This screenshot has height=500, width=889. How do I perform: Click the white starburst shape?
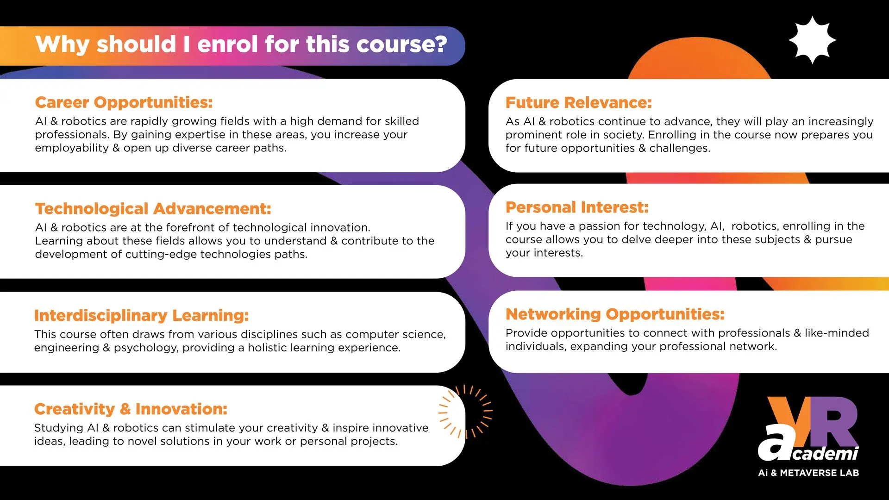click(x=812, y=40)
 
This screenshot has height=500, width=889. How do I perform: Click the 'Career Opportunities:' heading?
click(x=124, y=102)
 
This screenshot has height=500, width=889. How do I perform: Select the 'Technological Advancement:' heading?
click(x=153, y=209)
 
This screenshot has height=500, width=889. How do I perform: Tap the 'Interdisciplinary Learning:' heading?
click(x=141, y=315)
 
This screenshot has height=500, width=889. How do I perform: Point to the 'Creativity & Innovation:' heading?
click(x=131, y=409)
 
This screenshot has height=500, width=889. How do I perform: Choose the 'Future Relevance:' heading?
click(x=578, y=102)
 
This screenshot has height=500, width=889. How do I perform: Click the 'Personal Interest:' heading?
click(x=577, y=207)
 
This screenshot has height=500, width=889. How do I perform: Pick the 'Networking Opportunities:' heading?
click(x=615, y=314)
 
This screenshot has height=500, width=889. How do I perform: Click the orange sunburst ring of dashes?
click(x=465, y=411)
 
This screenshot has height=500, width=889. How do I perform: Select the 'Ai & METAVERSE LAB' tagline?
click(x=808, y=473)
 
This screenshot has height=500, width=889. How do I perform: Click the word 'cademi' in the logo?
click(x=826, y=453)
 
